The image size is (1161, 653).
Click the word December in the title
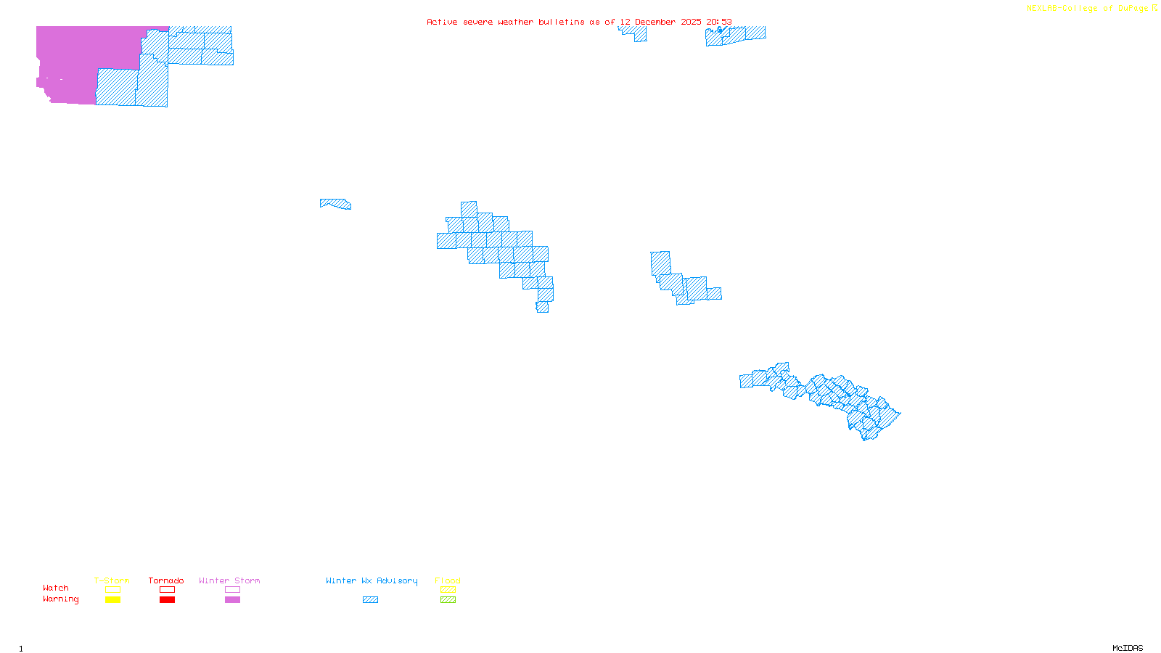coord(655,22)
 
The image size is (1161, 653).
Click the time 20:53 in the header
coord(719,22)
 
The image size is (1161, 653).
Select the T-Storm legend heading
coord(112,580)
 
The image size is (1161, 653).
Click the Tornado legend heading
coord(166,580)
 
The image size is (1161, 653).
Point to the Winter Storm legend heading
coord(229,580)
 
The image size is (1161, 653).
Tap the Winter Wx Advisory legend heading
coord(372,580)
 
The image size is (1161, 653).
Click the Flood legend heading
coord(448,580)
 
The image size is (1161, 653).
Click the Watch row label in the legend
coord(56,588)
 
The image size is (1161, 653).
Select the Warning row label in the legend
coord(61,599)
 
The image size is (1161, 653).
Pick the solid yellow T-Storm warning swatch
coord(112,600)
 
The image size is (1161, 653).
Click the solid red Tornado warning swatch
coord(168,600)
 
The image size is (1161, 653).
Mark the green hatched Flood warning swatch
coord(448,600)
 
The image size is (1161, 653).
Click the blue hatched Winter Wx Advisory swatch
coord(370,600)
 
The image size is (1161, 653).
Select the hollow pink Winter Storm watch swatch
coord(232,590)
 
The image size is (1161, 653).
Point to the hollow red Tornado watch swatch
coord(168,590)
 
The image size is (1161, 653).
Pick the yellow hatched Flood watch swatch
coord(448,590)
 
